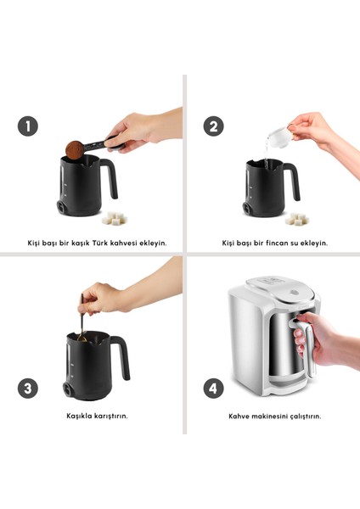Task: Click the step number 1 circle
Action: click(x=28, y=126)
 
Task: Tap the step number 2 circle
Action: click(x=213, y=126)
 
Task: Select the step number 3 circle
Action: click(x=28, y=389)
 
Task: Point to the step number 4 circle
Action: click(x=213, y=389)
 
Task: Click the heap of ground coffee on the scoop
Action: click(x=75, y=149)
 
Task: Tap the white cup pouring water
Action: click(x=278, y=137)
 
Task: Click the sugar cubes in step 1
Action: click(x=114, y=218)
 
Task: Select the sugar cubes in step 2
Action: click(x=297, y=219)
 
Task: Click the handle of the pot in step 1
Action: click(x=110, y=177)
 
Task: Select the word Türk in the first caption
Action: click(x=99, y=243)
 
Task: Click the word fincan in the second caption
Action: click(x=277, y=243)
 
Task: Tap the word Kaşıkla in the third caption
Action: click(x=79, y=416)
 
